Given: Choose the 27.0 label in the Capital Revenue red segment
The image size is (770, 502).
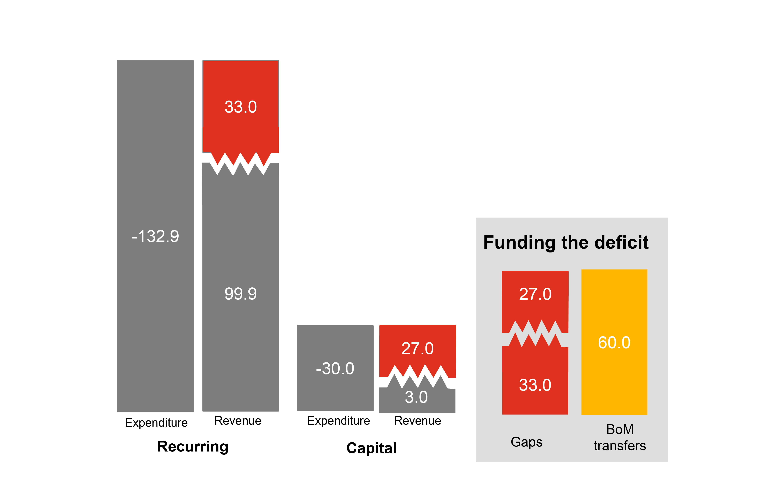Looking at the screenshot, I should click(417, 349).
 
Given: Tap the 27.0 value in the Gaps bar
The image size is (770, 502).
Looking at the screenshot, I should click(535, 294).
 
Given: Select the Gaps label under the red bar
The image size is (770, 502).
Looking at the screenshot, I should click(526, 442).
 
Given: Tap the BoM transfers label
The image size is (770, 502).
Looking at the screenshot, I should click(620, 438).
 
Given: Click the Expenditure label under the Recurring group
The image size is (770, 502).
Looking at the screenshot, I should click(156, 423).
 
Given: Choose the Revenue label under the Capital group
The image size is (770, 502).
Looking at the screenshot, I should click(417, 421).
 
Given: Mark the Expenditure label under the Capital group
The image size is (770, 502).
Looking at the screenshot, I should click(338, 421).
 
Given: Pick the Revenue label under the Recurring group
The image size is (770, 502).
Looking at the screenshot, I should click(238, 421).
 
